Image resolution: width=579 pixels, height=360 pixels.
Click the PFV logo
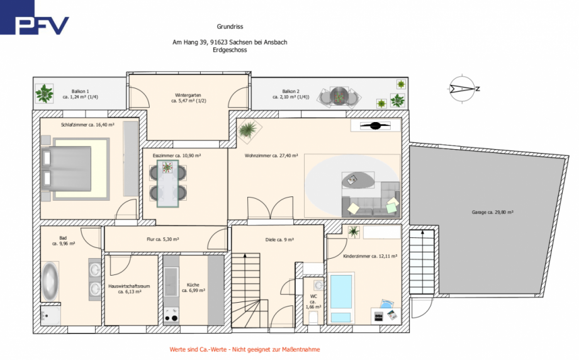tap(35, 18)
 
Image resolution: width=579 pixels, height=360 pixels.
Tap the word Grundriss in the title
tap(230, 26)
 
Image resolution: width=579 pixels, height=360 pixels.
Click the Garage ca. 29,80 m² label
tap(492, 212)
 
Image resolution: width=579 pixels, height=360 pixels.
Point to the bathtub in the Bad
tap(50, 281)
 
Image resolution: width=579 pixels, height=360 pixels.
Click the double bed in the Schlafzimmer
tap(67, 169)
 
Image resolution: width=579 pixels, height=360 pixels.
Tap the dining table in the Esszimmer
tap(167, 184)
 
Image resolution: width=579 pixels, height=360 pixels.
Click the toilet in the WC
tap(313, 317)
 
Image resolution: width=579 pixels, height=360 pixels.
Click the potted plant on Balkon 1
tap(44, 93)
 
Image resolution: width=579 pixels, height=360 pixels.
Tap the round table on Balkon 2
tap(339, 96)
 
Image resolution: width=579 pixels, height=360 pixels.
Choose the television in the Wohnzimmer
tap(375, 125)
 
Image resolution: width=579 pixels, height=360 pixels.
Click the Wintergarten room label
tap(188, 98)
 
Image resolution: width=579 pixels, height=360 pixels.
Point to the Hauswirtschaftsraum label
tap(129, 289)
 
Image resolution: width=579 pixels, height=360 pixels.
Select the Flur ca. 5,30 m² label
tap(163, 239)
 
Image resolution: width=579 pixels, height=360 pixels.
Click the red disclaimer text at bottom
tap(244, 349)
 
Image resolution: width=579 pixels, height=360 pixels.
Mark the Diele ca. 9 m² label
tap(279, 240)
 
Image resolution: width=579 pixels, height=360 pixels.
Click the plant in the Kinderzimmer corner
tap(354, 232)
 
